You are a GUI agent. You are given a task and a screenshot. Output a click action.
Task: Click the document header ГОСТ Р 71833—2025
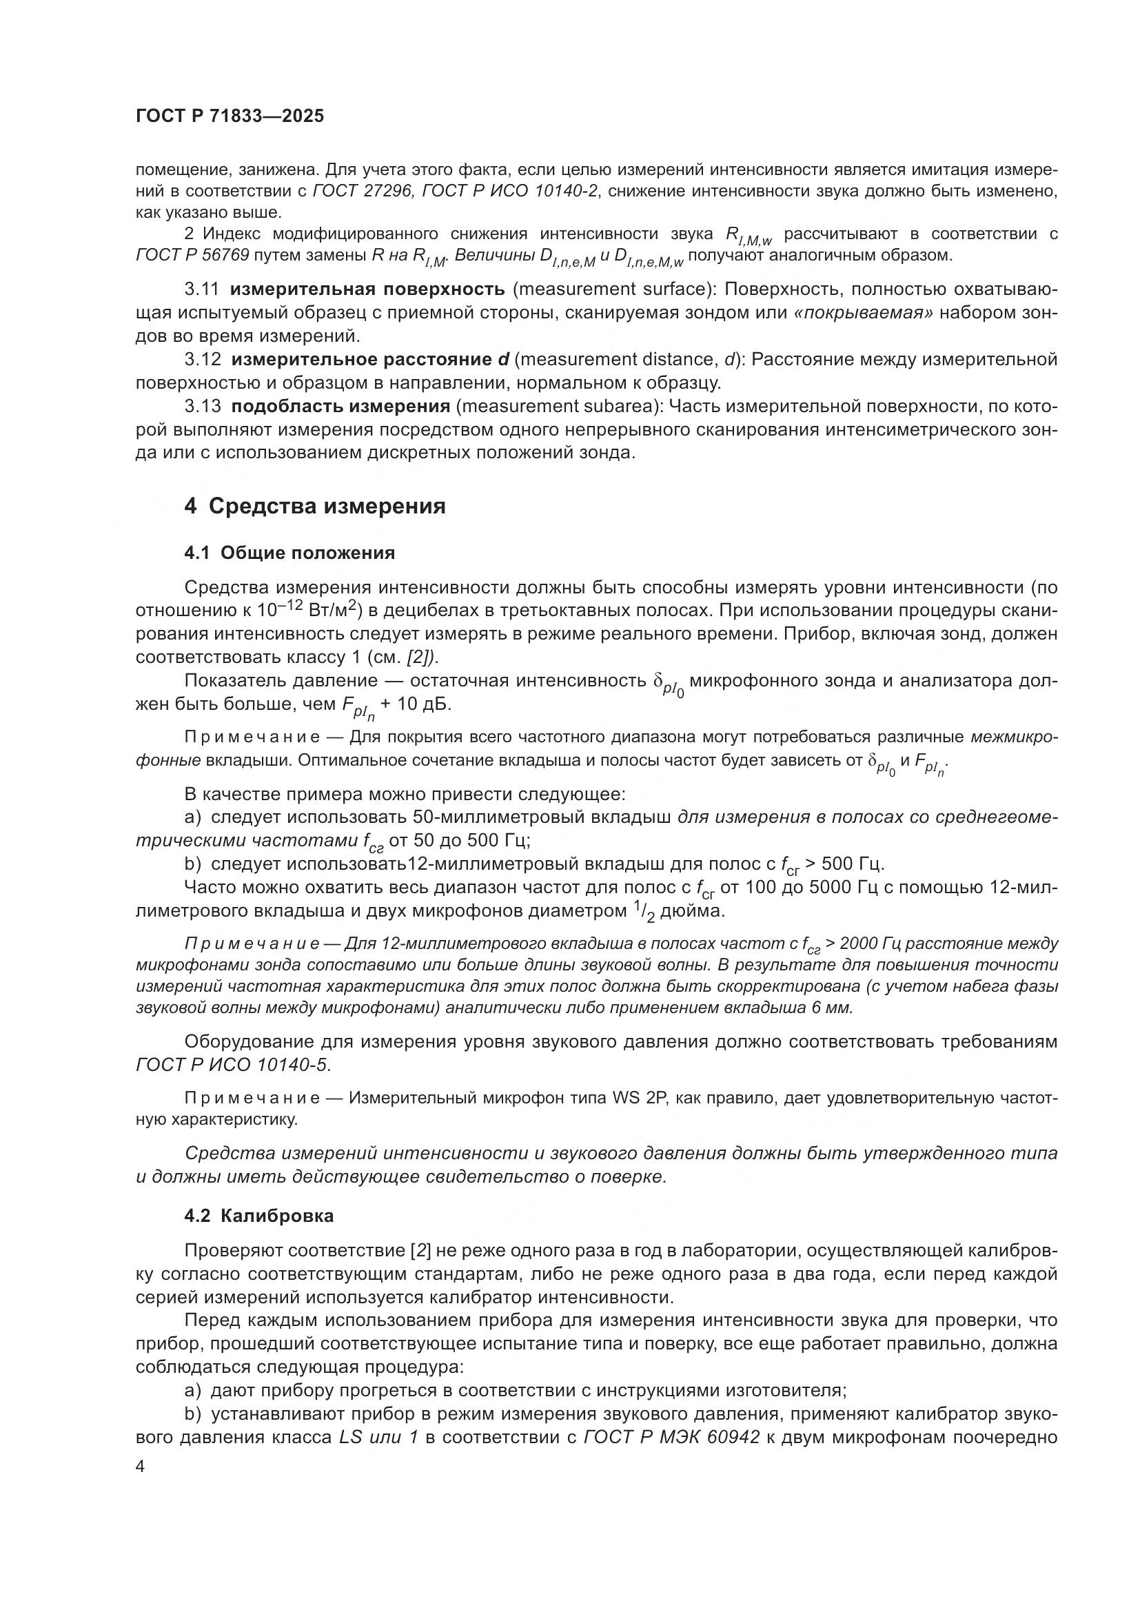(x=230, y=116)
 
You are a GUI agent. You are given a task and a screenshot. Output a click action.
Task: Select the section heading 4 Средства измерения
(x=314, y=507)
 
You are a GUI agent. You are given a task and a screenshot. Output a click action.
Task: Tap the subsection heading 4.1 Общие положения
(x=289, y=553)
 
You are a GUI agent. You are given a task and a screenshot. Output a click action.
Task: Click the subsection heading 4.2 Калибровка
(x=258, y=1215)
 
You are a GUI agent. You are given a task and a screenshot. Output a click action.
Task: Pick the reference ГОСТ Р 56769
(x=192, y=255)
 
